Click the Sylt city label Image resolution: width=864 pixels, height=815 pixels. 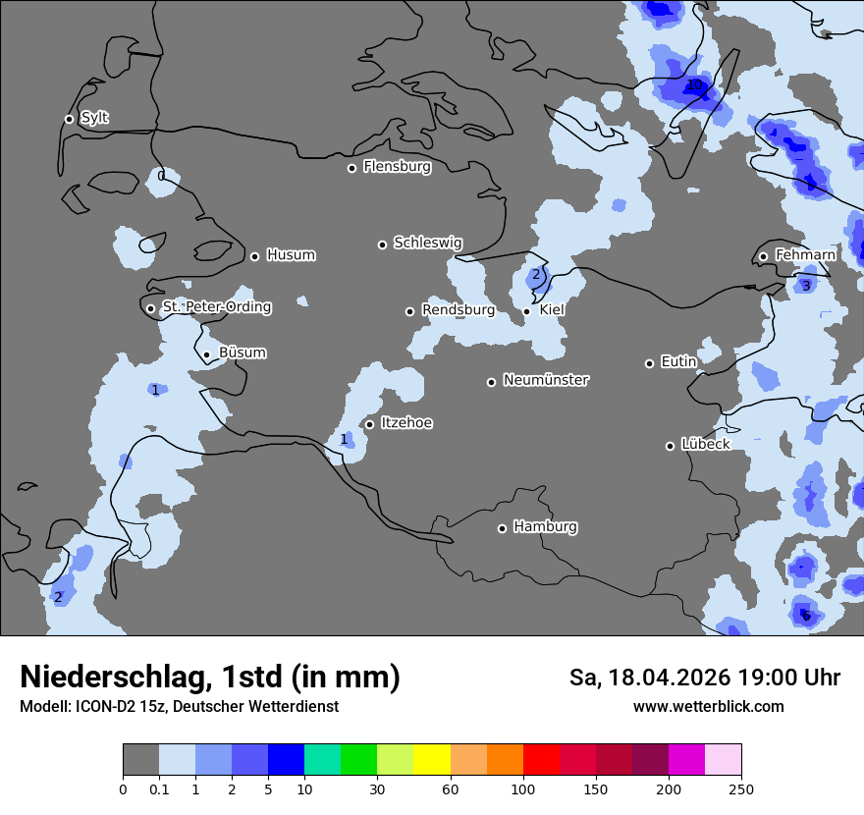[94, 118]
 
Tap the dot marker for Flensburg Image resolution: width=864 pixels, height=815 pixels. [351, 168]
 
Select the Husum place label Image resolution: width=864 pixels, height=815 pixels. [291, 255]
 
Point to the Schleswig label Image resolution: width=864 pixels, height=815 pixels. [427, 243]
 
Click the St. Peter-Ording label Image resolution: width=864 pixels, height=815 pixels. [216, 307]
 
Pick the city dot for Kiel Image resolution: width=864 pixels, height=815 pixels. [526, 311]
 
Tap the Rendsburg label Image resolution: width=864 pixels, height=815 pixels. [458, 310]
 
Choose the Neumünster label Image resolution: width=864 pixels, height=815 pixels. [546, 380]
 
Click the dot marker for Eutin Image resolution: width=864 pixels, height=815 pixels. [649, 363]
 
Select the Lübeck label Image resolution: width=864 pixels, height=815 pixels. [705, 444]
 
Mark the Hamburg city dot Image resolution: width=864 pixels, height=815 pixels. [502, 528]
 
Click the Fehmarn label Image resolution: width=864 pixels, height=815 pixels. [805, 255]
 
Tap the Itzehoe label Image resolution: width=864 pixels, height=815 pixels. [406, 423]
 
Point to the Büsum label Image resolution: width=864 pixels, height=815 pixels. [242, 353]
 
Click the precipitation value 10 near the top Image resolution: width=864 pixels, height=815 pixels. [695, 85]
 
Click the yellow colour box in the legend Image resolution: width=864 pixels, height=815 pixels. [432, 760]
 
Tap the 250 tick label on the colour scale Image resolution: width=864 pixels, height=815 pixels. [740, 788]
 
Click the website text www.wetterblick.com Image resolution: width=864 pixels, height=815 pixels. [708, 706]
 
